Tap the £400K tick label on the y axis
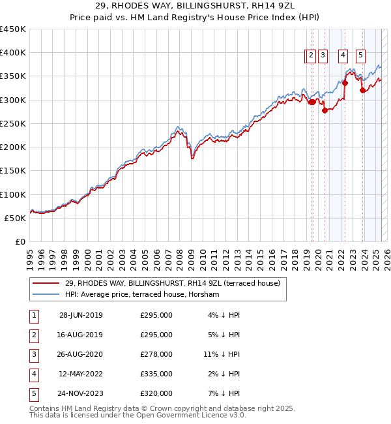(x=12, y=53)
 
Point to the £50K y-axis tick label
(x=15, y=218)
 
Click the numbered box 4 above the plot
(x=343, y=56)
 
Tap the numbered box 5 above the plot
(x=360, y=56)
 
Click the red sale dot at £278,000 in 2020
(x=325, y=110)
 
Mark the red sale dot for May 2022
(x=345, y=83)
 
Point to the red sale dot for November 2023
(x=362, y=91)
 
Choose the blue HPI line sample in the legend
(x=46, y=295)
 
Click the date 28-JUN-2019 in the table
(x=81, y=315)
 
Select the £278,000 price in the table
(x=156, y=354)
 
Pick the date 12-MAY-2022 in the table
(x=81, y=374)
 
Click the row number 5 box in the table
(x=33, y=393)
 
